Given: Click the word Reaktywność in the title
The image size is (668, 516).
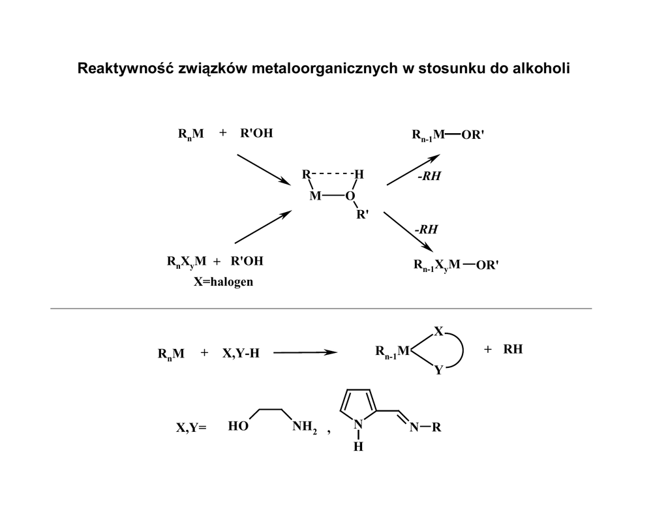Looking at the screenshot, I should point(125,68).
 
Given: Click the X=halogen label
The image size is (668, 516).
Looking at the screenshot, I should point(224,282).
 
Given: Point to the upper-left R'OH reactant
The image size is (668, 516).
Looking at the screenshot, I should point(256,134).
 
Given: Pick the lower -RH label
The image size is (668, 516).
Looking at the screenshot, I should point(426,229).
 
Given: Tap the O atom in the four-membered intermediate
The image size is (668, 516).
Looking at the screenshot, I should point(350,196).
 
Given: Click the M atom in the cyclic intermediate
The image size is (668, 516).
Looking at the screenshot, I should point(315,196).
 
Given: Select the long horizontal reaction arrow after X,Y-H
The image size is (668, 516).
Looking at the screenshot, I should point(305,353).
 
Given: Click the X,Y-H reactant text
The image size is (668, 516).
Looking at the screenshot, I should point(241,353).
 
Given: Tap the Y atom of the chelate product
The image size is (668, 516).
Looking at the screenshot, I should point(438,370).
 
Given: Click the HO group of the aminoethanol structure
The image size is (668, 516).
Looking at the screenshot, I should point(238,427).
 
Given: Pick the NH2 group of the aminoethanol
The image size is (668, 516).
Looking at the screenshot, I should point(304,427).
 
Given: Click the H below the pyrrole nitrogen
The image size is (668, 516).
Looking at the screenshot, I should point(358,447).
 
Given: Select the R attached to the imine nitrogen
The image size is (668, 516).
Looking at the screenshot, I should point(436,428).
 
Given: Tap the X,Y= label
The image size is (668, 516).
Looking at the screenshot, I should point(190,428).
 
